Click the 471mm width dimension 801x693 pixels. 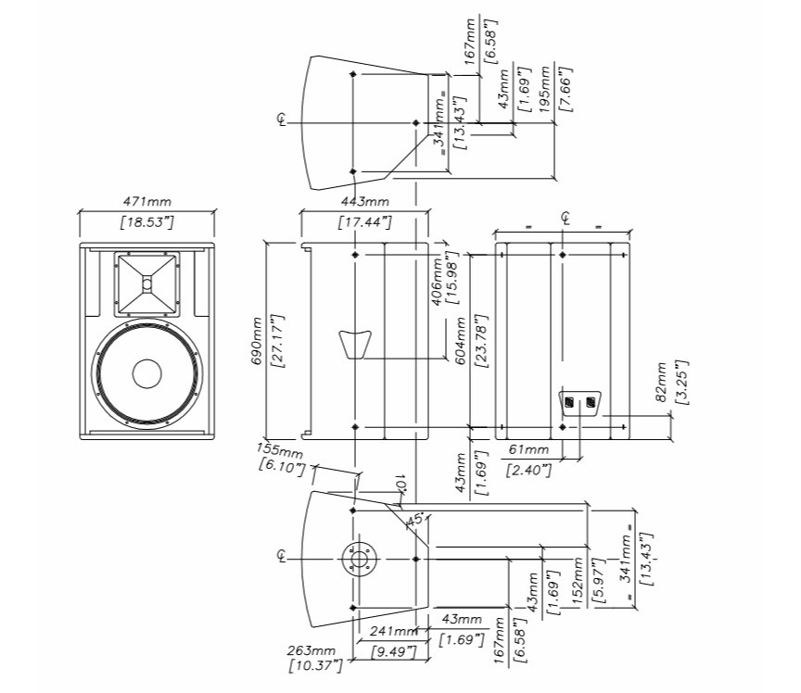[x=146, y=201]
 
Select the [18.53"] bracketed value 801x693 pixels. [x=146, y=222]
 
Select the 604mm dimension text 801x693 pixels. [x=459, y=343]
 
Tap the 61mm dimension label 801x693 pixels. [x=529, y=450]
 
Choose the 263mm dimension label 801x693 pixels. [x=311, y=650]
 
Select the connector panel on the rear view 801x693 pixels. [x=578, y=401]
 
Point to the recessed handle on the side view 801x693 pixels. [x=353, y=342]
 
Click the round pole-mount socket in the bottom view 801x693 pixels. [x=354, y=560]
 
